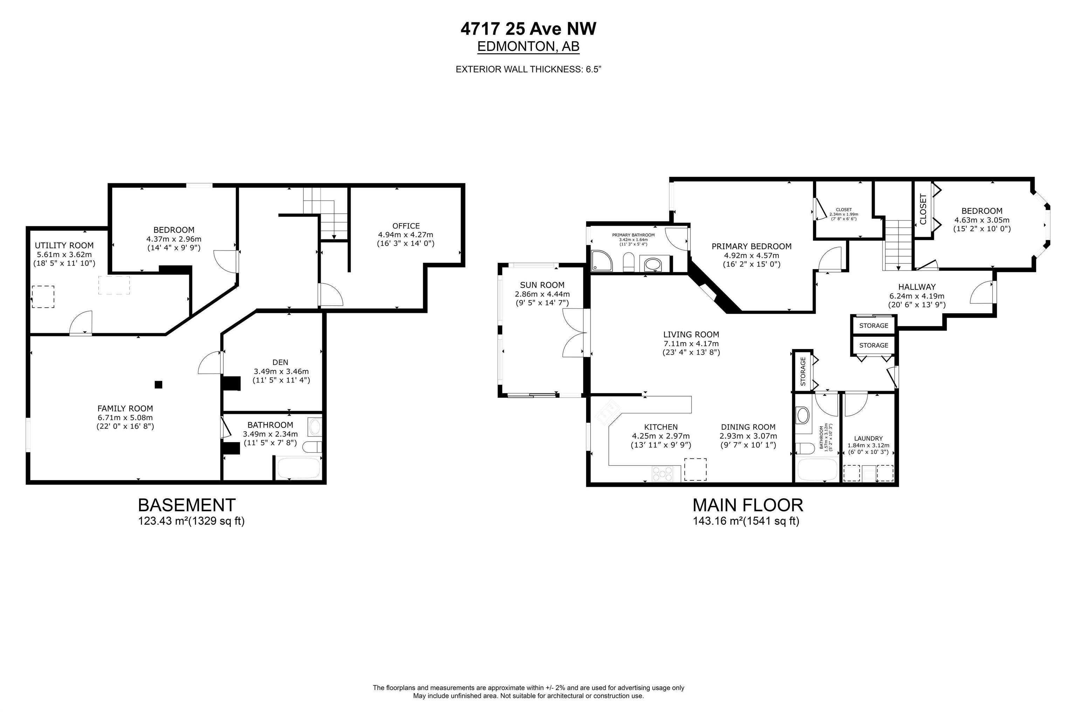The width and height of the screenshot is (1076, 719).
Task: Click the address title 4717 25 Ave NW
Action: (529, 29)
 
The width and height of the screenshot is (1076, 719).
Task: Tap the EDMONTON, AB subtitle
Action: (529, 46)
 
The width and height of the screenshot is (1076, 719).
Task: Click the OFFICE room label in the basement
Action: (406, 226)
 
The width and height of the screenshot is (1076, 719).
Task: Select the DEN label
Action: (281, 362)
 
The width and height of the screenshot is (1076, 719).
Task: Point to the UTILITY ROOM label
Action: (64, 245)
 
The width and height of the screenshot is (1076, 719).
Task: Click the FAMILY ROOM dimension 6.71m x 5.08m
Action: (125, 417)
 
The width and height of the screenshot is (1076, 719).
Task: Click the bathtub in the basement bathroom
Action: (298, 468)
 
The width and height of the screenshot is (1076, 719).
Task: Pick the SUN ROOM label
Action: (542, 285)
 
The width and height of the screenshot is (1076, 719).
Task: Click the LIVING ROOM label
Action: (691, 334)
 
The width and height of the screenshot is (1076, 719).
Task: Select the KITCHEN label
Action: (661, 427)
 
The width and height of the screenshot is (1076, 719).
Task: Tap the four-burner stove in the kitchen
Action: (663, 473)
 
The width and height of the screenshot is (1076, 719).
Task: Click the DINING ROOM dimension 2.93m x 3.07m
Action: (749, 436)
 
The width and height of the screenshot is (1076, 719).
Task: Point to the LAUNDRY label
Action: (868, 438)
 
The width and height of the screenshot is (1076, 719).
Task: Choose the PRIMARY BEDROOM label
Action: (752, 246)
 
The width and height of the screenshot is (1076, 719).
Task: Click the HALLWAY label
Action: (917, 287)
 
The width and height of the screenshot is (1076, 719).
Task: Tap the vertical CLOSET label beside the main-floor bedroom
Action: (923, 209)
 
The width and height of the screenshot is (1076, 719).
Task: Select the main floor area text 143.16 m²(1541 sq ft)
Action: (746, 521)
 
